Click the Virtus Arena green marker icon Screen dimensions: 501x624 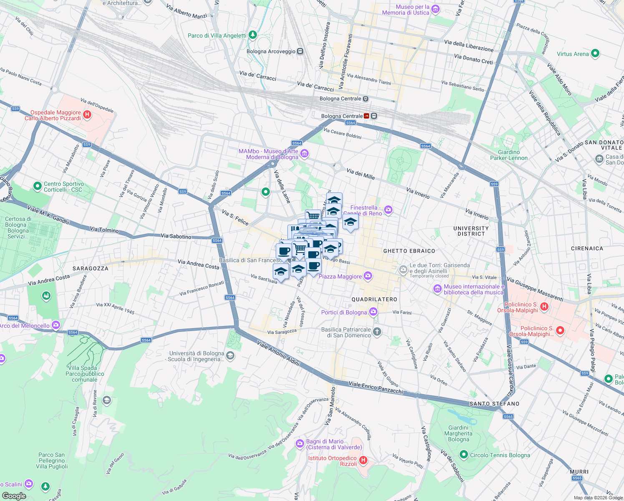[595, 53]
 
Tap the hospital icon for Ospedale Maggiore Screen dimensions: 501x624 [87, 115]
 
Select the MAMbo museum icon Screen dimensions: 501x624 [304, 154]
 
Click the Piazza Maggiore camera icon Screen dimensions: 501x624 [367, 276]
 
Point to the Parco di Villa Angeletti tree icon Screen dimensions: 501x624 [252, 35]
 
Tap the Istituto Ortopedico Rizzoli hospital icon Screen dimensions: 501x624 [363, 461]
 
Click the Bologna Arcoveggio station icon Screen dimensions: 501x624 [300, 51]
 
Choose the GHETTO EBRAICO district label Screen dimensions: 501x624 [409, 251]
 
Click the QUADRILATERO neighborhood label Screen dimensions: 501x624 [374, 299]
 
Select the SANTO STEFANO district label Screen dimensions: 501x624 [494, 404]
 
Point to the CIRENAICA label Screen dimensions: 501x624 [587, 248]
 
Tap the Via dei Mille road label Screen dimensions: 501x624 [360, 174]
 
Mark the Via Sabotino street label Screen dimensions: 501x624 [176, 236]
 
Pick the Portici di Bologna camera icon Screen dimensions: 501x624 [373, 311]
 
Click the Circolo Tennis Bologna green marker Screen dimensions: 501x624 [463, 454]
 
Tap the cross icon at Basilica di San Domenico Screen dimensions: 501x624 [377, 332]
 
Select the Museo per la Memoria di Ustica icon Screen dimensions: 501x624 [435, 9]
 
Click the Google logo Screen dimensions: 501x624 [14, 496]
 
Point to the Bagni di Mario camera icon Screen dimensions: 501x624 [299, 444]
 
